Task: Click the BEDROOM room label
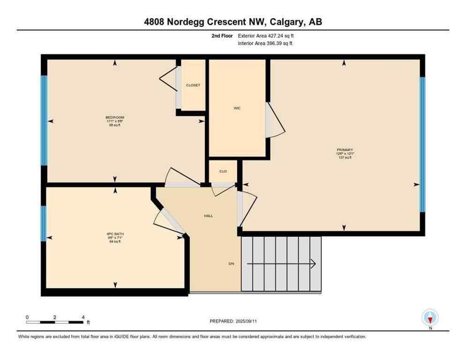click(115, 117)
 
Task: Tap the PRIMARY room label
click(344, 150)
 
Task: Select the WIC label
click(237, 108)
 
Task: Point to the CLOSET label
click(193, 85)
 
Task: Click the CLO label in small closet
click(223, 172)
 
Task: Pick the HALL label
click(208, 216)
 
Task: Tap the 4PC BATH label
click(115, 234)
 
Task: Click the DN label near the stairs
click(231, 264)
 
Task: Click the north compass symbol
click(430, 318)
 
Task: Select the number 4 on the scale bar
click(83, 317)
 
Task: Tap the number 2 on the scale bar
click(55, 317)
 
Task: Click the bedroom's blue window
click(44, 120)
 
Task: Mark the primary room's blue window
click(422, 144)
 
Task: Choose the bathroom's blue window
click(44, 223)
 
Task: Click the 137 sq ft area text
click(344, 158)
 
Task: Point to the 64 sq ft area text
click(115, 242)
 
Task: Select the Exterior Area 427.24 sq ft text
click(266, 36)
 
